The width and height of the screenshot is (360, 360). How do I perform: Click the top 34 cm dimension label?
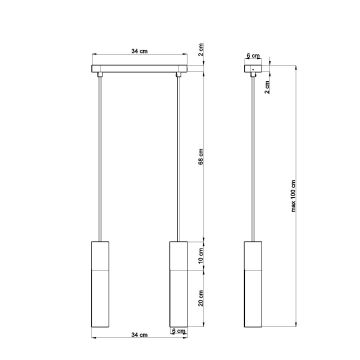click(139, 51)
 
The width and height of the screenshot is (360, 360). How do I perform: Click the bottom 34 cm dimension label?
click(139, 334)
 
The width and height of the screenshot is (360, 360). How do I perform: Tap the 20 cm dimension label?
click(201, 298)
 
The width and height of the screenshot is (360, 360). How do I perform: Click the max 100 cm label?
click(294, 195)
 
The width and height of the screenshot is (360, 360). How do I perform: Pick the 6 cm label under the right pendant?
click(178, 331)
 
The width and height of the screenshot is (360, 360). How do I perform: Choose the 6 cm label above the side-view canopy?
click(253, 55)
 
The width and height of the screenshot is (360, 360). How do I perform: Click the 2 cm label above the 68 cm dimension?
click(201, 50)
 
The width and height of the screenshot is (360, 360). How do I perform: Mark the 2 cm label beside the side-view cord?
click(267, 86)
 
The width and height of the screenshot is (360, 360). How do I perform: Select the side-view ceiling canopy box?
click(253, 68)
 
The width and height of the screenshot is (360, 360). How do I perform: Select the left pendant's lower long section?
click(100, 298)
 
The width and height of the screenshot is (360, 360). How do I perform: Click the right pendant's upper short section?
click(178, 255)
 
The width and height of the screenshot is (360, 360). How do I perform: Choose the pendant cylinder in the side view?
click(253, 285)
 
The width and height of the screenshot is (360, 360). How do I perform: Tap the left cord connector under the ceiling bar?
click(100, 75)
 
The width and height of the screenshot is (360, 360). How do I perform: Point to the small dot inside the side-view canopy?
click(253, 68)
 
